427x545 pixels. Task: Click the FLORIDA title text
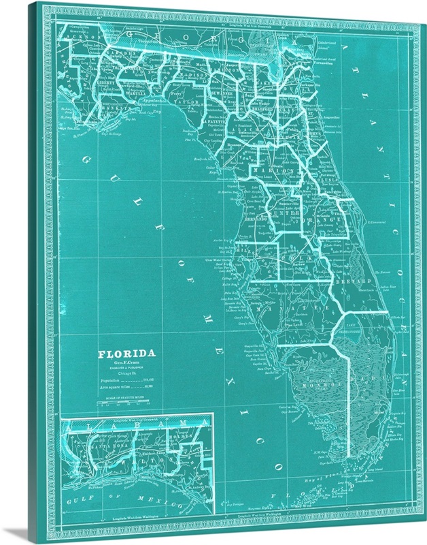click(127, 354)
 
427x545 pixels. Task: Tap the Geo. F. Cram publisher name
click(127, 364)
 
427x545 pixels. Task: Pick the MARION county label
click(277, 181)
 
